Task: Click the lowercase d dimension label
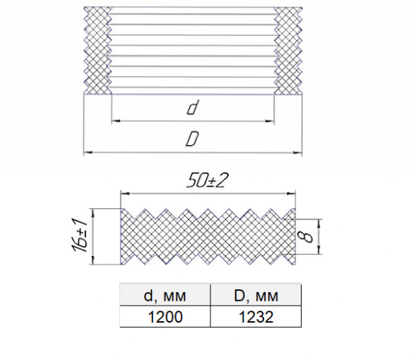(193, 107)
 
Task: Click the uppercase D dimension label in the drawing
(192, 138)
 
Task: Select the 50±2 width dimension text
(207, 181)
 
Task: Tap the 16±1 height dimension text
(79, 235)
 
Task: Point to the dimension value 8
(307, 236)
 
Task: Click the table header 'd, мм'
(165, 296)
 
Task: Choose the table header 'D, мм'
(256, 296)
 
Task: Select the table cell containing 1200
(165, 316)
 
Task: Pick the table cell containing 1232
(256, 316)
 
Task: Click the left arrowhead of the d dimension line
(116, 121)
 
